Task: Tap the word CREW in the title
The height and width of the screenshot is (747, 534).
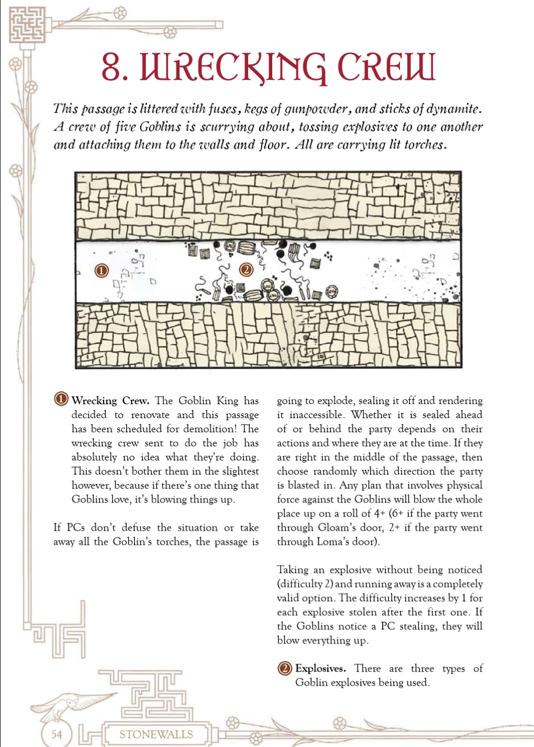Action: (x=386, y=67)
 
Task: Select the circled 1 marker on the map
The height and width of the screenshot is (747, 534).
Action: (x=101, y=270)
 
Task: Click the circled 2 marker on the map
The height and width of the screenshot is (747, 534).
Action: (x=246, y=269)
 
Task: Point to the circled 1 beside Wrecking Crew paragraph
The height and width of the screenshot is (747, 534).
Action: (x=61, y=400)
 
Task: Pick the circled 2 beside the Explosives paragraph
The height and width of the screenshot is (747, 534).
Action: (x=285, y=668)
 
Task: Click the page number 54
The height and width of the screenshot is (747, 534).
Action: (x=56, y=734)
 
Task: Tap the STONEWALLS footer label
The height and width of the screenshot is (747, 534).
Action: (x=156, y=734)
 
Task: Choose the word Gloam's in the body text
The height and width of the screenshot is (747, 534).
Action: (x=339, y=528)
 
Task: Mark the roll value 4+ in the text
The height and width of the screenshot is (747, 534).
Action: (x=380, y=514)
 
